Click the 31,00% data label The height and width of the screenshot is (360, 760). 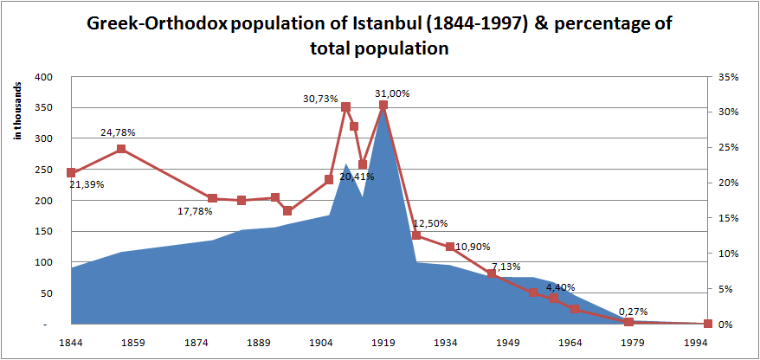point(392,93)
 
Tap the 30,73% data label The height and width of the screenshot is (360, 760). point(320,99)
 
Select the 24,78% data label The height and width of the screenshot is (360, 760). point(118,132)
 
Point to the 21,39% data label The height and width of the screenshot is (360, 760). point(85,184)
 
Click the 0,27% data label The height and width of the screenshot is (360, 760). point(634,312)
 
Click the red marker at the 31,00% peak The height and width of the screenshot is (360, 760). point(383,105)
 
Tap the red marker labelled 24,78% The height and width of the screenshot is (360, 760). point(121,149)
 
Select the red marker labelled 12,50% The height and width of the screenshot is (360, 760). point(416,235)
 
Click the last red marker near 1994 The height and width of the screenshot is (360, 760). point(708,324)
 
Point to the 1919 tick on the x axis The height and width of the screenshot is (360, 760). point(383,342)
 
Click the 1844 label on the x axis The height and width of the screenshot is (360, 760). point(71,342)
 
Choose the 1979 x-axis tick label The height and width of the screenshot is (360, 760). point(628,342)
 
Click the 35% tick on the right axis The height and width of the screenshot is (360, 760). point(728,77)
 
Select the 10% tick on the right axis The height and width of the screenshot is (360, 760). point(728,254)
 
